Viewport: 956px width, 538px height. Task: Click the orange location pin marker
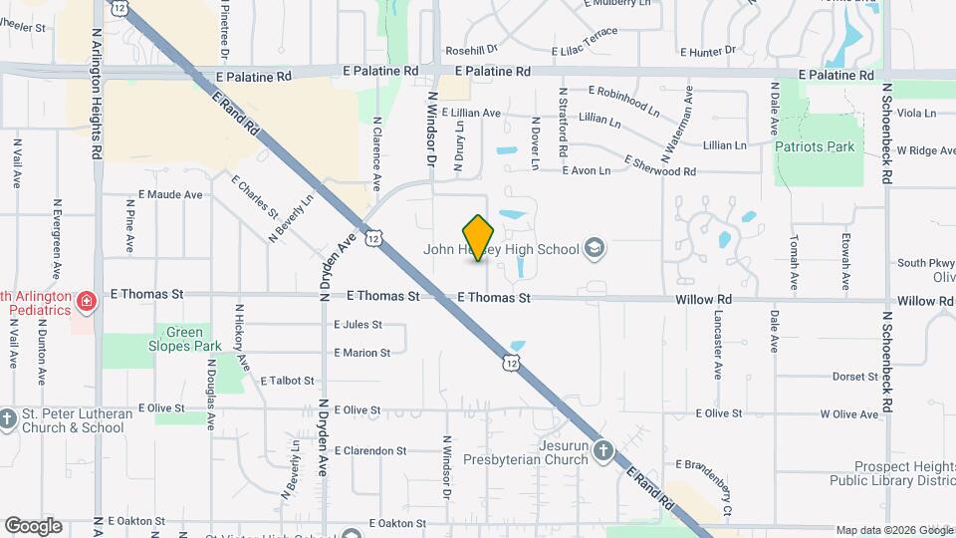[x=478, y=237]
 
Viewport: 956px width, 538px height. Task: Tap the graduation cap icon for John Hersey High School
[x=595, y=248]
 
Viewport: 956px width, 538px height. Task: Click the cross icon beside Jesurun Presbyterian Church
[x=602, y=451]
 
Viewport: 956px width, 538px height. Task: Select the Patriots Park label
[x=815, y=146]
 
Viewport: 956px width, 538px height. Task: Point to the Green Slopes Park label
[x=185, y=339]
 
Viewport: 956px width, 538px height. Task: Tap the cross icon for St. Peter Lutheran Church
[x=8, y=418]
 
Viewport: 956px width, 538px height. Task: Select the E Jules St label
[x=358, y=324]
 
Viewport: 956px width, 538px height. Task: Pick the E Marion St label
[x=361, y=353]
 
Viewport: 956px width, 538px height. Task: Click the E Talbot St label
[x=287, y=381]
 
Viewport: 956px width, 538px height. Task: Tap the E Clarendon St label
[x=370, y=450]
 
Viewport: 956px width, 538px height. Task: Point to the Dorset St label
[x=854, y=377]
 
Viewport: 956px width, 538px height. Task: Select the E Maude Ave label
[x=174, y=194]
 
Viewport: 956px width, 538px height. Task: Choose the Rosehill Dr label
[x=471, y=50]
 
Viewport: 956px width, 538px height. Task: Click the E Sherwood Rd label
[x=659, y=165]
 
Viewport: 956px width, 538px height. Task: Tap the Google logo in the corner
[x=33, y=526]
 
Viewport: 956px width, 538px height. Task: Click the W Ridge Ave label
[x=925, y=150]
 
